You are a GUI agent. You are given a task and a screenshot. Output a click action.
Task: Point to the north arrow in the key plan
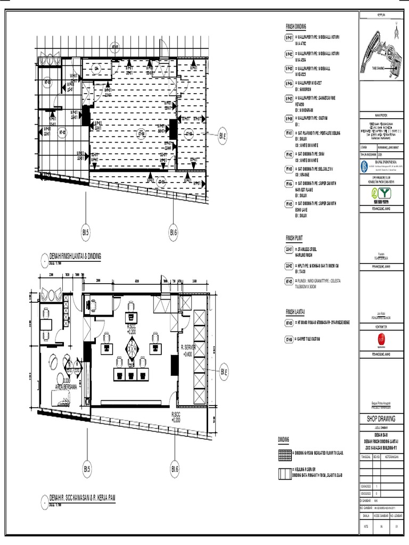click(396, 31)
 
